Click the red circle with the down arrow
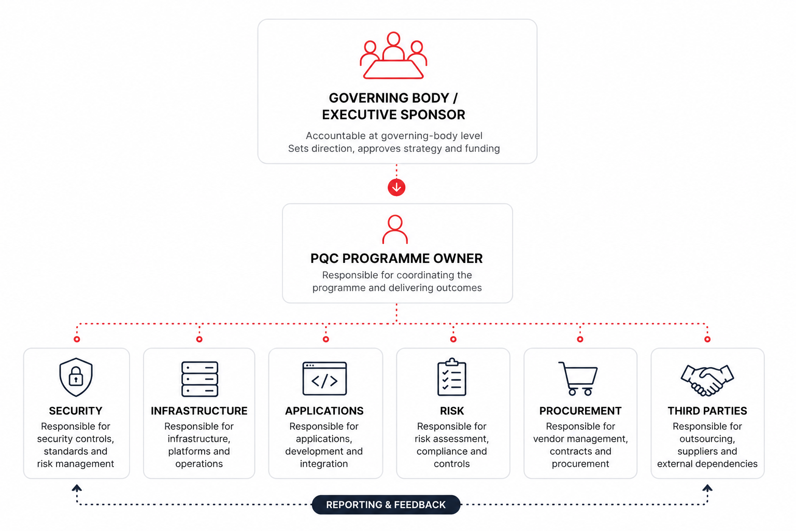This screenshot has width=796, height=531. [x=396, y=187]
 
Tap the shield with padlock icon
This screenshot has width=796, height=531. [x=76, y=377]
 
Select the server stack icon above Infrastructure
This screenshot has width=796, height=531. [x=200, y=379]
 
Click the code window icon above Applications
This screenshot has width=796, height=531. [x=324, y=379]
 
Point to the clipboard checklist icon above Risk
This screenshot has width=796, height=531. [x=452, y=377]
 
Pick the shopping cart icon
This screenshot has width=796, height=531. [x=578, y=379]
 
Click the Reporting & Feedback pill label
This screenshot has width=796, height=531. [x=386, y=505]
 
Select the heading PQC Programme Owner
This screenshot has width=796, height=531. [x=396, y=259]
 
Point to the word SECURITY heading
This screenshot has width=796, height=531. [x=75, y=411]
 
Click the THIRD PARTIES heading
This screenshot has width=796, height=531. [x=707, y=411]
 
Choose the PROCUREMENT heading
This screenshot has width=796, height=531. [x=580, y=411]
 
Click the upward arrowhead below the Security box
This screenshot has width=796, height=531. [x=77, y=488]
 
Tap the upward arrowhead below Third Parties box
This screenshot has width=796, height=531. [x=707, y=488]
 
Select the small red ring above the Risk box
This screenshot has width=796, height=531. [x=453, y=339]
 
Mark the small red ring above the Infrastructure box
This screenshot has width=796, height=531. [x=200, y=339]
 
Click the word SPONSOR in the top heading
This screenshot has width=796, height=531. [x=433, y=115]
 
